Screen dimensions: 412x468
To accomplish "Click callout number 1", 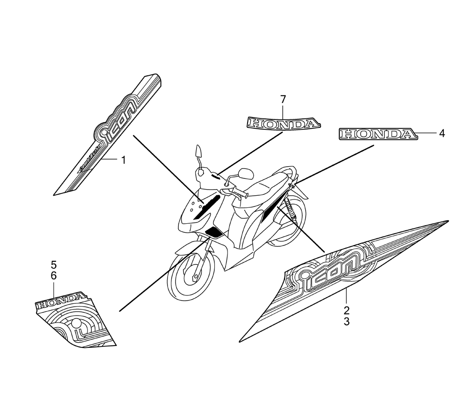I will [x=124, y=161].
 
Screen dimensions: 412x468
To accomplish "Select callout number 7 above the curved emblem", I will [x=283, y=99].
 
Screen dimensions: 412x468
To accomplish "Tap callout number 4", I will [x=441, y=133].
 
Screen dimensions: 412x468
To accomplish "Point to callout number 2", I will [x=346, y=310].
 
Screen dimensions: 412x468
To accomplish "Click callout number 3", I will [x=346, y=322].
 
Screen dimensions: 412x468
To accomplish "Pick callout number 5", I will [x=53, y=264].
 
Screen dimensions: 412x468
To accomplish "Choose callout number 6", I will [x=53, y=276].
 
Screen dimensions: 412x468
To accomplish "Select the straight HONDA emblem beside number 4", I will [x=378, y=134].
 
